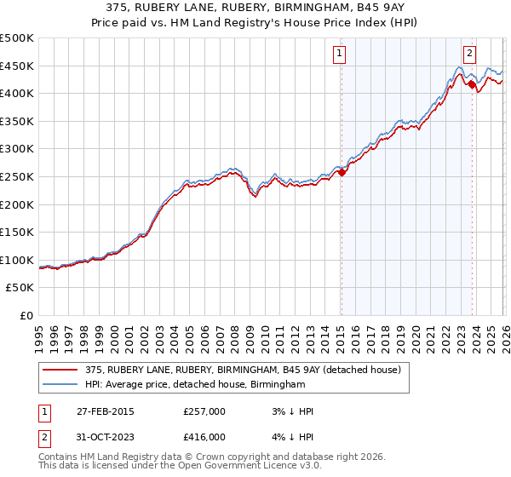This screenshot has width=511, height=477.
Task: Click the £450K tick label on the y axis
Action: click(17, 66)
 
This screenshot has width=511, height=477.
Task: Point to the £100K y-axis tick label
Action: click(17, 260)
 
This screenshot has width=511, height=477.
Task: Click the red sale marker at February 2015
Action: click(342, 173)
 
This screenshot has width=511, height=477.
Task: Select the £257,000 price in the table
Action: click(204, 411)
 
